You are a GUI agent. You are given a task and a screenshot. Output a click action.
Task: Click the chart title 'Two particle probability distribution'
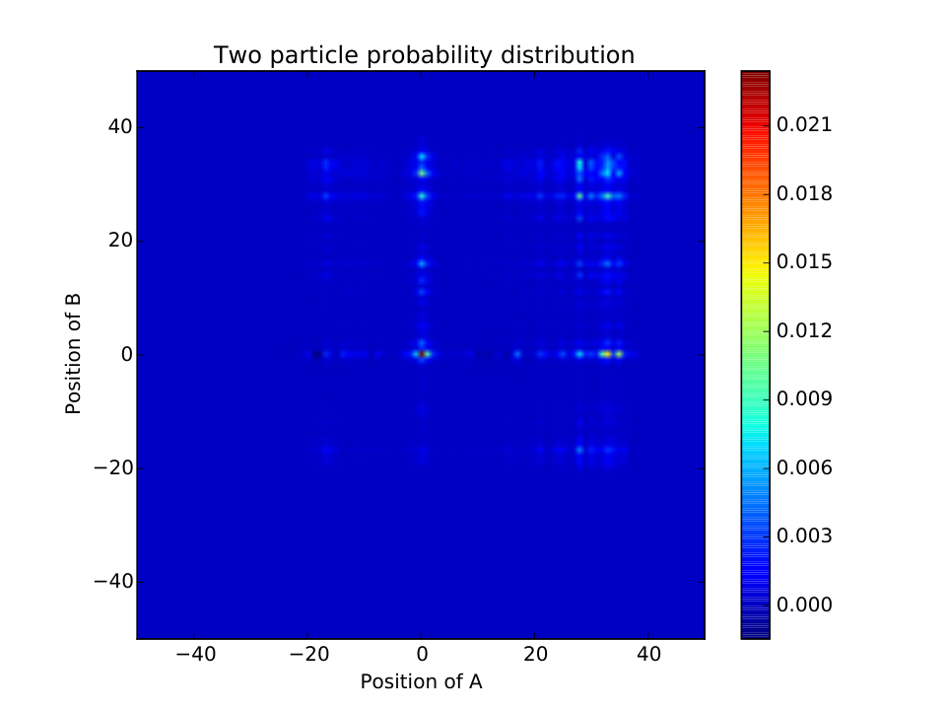click(x=424, y=55)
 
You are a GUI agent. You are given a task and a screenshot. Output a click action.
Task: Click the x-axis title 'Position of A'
click(x=421, y=681)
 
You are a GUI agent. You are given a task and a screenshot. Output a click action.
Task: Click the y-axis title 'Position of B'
click(x=73, y=354)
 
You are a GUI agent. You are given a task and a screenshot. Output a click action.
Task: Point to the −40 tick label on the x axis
click(x=195, y=653)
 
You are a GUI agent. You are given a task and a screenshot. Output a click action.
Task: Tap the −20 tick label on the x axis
click(x=308, y=653)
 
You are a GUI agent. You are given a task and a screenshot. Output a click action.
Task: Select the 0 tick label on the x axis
click(x=422, y=653)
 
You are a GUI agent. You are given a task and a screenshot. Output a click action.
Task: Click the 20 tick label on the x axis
click(x=535, y=653)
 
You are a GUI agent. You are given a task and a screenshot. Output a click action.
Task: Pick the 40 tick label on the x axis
click(x=648, y=653)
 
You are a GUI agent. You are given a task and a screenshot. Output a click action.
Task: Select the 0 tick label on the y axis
click(x=127, y=354)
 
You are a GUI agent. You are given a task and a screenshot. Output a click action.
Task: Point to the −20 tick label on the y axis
click(x=112, y=467)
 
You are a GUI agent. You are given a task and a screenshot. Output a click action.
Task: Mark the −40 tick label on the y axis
click(x=112, y=582)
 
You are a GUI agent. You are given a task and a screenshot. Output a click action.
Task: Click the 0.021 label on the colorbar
click(x=804, y=125)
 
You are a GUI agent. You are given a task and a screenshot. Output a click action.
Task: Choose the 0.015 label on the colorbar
click(x=804, y=262)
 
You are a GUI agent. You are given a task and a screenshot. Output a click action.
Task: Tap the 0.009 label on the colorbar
click(x=804, y=399)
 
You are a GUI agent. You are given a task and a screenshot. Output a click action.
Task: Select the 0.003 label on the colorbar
click(x=804, y=536)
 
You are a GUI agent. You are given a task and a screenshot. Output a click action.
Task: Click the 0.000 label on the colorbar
click(x=804, y=604)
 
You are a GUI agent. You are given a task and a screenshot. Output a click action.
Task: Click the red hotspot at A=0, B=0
click(x=422, y=354)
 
